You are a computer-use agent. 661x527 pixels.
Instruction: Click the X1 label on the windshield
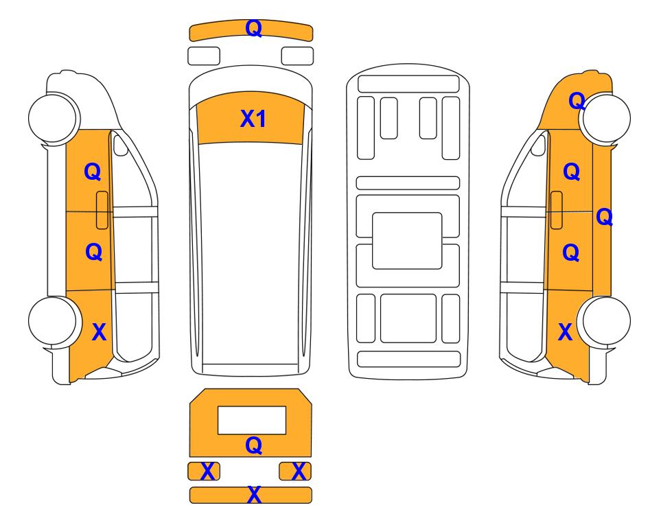[x=253, y=119]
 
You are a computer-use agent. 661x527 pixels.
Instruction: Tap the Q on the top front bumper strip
[x=254, y=29]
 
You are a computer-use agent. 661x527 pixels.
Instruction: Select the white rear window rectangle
[x=252, y=420]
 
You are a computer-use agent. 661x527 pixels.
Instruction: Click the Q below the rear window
[x=254, y=445]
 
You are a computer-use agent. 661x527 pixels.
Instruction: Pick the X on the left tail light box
[x=207, y=471]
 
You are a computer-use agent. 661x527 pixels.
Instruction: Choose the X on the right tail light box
[x=299, y=471]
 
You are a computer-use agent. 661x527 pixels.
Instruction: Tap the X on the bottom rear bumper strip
[x=254, y=495]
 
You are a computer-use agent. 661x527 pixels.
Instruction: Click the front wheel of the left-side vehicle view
[x=54, y=117]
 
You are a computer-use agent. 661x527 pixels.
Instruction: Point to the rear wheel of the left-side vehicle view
[x=54, y=321]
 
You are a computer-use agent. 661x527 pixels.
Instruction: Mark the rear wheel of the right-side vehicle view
[x=605, y=322]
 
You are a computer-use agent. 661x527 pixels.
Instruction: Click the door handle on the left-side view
[x=102, y=210]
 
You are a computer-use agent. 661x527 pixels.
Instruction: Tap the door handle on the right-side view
[x=557, y=210]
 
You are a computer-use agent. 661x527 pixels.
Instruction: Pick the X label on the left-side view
[x=99, y=332]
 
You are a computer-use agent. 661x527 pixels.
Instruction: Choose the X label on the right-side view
[x=566, y=332]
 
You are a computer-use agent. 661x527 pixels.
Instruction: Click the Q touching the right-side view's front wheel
[x=577, y=101]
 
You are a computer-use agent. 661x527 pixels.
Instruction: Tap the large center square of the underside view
[x=407, y=241]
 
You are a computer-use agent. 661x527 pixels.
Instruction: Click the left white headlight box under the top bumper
[x=204, y=56]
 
